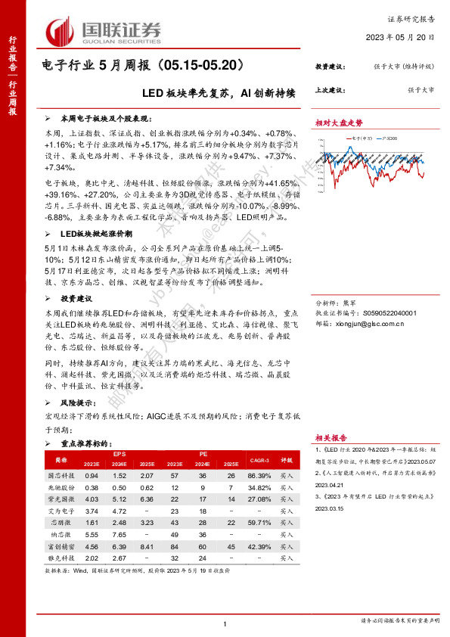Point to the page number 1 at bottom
click(x=226, y=623)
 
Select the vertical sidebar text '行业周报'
click(x=12, y=96)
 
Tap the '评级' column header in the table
click(x=287, y=458)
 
